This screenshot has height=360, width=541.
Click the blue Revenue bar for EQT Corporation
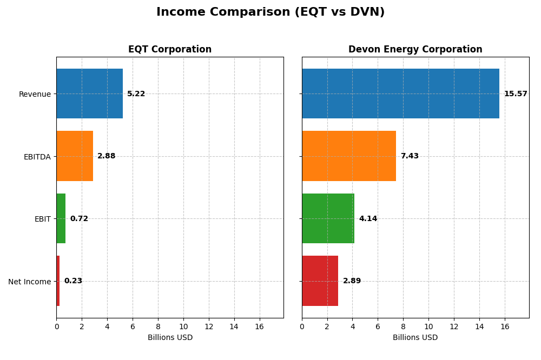[89, 94]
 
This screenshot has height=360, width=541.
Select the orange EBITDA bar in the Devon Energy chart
[349, 156]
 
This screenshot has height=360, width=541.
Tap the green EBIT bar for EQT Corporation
[61, 218]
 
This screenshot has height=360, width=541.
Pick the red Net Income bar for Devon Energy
[320, 281]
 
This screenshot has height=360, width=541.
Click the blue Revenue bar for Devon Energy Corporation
[400, 94]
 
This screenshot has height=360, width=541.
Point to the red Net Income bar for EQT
[58, 281]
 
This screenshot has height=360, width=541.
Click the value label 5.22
[136, 94]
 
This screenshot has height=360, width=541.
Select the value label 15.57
[515, 94]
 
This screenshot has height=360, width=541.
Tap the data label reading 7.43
[410, 156]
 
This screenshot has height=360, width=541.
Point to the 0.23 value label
[73, 281]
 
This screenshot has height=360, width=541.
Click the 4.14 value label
[368, 219]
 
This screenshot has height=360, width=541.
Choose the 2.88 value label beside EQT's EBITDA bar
[106, 156]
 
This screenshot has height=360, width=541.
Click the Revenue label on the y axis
[35, 94]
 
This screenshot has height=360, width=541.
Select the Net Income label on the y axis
[30, 282]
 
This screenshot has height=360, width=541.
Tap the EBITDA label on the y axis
[37, 157]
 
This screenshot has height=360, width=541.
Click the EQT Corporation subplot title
[170, 50]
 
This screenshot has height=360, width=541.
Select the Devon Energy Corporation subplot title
[415, 50]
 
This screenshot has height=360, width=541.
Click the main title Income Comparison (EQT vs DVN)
[270, 12]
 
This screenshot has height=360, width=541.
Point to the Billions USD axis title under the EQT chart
[170, 338]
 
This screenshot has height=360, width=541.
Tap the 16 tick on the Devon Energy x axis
[505, 326]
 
